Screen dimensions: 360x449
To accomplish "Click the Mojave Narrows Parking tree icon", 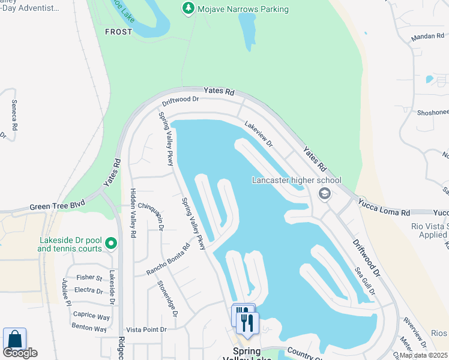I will (188, 8).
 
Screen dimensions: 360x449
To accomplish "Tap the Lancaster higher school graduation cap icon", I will (325, 193).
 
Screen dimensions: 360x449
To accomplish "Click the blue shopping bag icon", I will (14, 340).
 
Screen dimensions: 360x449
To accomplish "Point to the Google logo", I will (20, 353).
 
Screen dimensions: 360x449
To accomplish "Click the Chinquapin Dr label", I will (151, 215).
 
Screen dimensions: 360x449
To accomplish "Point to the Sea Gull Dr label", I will (364, 281).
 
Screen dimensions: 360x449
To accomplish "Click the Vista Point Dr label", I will (146, 330).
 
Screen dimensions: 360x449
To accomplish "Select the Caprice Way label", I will (91, 316).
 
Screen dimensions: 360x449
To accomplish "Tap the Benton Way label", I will (89, 329).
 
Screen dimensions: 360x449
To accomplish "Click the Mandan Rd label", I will (427, 37).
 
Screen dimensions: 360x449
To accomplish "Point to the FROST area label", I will (118, 32).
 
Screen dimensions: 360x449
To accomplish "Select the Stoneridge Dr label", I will (167, 298).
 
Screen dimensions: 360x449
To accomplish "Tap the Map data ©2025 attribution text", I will (423, 355).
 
